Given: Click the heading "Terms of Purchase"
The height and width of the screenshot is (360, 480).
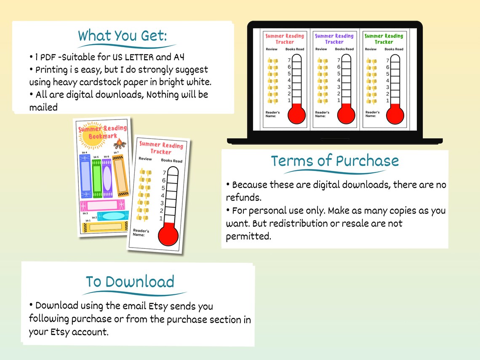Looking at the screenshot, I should click(335, 161).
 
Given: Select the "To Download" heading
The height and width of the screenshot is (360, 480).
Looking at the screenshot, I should click(130, 282).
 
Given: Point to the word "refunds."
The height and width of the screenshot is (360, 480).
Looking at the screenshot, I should click(244, 197).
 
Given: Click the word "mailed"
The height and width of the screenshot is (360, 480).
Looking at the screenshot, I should click(43, 107).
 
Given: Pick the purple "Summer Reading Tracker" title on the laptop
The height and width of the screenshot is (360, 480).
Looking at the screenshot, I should click(334, 39).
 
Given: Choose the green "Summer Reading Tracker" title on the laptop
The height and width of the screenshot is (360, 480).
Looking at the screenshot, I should click(384, 39).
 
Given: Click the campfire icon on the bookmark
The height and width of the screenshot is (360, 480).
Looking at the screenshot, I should click(120, 144).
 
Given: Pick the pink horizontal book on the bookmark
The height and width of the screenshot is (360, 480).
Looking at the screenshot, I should click(101, 205).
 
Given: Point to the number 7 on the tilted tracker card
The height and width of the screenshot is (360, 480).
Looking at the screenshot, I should click(164, 173).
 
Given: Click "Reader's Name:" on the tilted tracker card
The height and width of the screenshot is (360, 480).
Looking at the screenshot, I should click(141, 232).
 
